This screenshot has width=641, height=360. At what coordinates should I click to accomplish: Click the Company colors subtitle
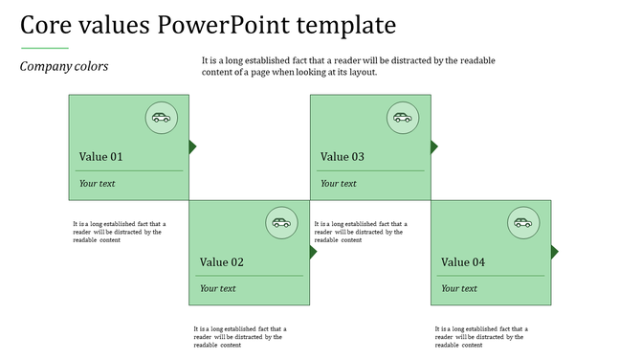tap(64, 67)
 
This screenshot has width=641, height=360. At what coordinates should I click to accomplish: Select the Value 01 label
tap(100, 157)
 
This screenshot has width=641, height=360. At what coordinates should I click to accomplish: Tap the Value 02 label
tap(222, 262)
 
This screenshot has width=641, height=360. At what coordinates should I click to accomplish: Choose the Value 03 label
tap(343, 157)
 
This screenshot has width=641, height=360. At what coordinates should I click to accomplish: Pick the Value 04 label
tap(463, 262)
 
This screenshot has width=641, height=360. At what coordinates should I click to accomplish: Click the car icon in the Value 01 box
tap(161, 118)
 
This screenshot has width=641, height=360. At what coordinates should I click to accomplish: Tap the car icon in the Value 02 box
tap(280, 223)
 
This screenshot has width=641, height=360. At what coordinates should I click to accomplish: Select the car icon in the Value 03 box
tap(402, 118)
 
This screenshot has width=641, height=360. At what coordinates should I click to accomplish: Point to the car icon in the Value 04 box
tap(522, 223)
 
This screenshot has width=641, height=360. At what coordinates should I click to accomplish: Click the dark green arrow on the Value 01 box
tap(192, 146)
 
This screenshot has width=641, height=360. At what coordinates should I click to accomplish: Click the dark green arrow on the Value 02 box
tap(313, 252)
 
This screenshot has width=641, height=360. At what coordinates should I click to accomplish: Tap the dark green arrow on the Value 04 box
tap(554, 252)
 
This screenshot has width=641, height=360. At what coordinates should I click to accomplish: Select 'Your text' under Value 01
tap(97, 184)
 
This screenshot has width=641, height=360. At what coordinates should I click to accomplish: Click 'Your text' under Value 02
tap(217, 289)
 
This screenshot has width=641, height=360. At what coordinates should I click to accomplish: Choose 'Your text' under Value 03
tap(338, 184)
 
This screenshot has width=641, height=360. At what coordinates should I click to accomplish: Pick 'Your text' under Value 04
tap(458, 289)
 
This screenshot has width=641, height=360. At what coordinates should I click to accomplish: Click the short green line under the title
tap(44, 47)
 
